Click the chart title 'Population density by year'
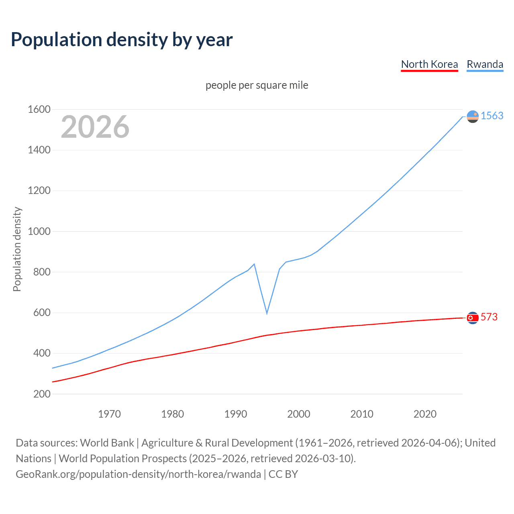pos(122,40)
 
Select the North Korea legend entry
pos(429,64)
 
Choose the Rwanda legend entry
pos(485,64)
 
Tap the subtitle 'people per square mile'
pos(257,85)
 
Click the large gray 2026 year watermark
pos(95,127)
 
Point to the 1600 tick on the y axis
pos(39,109)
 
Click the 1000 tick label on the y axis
pos(39,231)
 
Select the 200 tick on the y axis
pos(42,394)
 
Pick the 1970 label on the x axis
pos(109,414)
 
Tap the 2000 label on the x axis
pos(298,414)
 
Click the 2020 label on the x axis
pos(425,414)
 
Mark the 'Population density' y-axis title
pos(17,249)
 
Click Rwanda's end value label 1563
pos(492,116)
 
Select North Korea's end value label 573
pos(489,317)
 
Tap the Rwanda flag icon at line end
pos(473,116)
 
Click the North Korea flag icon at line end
pos(473,318)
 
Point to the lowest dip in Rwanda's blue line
pos(267,313)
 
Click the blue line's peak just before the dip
pos(254,264)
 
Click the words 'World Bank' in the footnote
pos(107,443)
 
